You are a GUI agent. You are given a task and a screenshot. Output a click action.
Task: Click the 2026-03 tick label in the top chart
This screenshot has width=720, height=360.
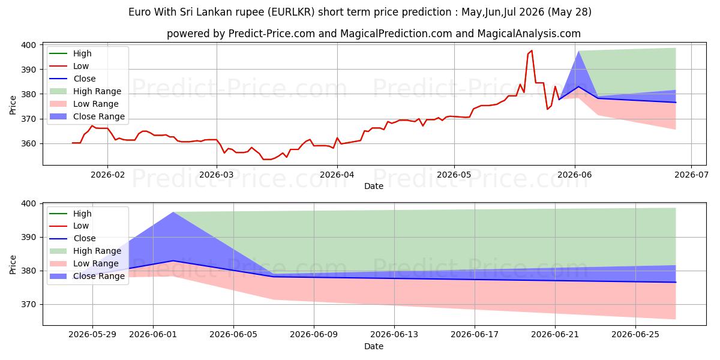217,175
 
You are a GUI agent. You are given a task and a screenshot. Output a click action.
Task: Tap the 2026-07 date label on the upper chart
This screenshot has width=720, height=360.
691,175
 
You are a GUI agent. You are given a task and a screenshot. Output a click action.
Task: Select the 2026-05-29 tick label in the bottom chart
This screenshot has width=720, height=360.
92,335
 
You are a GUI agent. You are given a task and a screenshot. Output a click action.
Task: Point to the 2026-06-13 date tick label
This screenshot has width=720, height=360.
394,335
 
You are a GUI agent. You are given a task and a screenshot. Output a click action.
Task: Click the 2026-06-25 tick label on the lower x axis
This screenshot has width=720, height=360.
635,335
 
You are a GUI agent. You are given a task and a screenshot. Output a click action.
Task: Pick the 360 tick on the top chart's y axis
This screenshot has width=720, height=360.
28,143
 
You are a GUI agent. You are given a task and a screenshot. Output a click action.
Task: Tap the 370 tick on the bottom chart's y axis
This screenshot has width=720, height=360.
28,304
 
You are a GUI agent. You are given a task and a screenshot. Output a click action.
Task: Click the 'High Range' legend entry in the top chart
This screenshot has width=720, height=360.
85,91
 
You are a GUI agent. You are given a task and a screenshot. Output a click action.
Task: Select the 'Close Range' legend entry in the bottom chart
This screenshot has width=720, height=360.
86,276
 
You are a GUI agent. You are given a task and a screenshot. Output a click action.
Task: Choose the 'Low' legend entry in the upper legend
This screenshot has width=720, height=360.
69,66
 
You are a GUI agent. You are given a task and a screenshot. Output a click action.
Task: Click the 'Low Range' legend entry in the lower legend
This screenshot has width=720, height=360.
83,263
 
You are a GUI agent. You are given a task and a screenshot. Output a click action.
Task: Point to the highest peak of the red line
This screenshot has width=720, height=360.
532,50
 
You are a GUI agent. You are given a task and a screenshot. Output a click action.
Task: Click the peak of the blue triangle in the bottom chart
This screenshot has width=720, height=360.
173,212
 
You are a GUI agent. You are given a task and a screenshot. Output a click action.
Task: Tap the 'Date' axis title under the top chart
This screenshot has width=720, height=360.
373,186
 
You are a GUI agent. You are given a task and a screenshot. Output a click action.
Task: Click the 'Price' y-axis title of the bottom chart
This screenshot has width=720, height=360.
13,265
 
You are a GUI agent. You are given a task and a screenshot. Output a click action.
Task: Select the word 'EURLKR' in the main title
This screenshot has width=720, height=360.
293,12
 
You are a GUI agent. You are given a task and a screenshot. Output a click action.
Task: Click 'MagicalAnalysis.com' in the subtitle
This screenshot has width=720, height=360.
529,34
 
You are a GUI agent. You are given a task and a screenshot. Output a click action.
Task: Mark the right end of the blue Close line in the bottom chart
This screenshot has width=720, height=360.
676,282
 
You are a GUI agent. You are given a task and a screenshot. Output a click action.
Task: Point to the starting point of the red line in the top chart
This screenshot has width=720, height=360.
73,143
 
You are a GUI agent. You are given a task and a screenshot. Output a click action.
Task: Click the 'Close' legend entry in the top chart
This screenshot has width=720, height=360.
73,79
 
